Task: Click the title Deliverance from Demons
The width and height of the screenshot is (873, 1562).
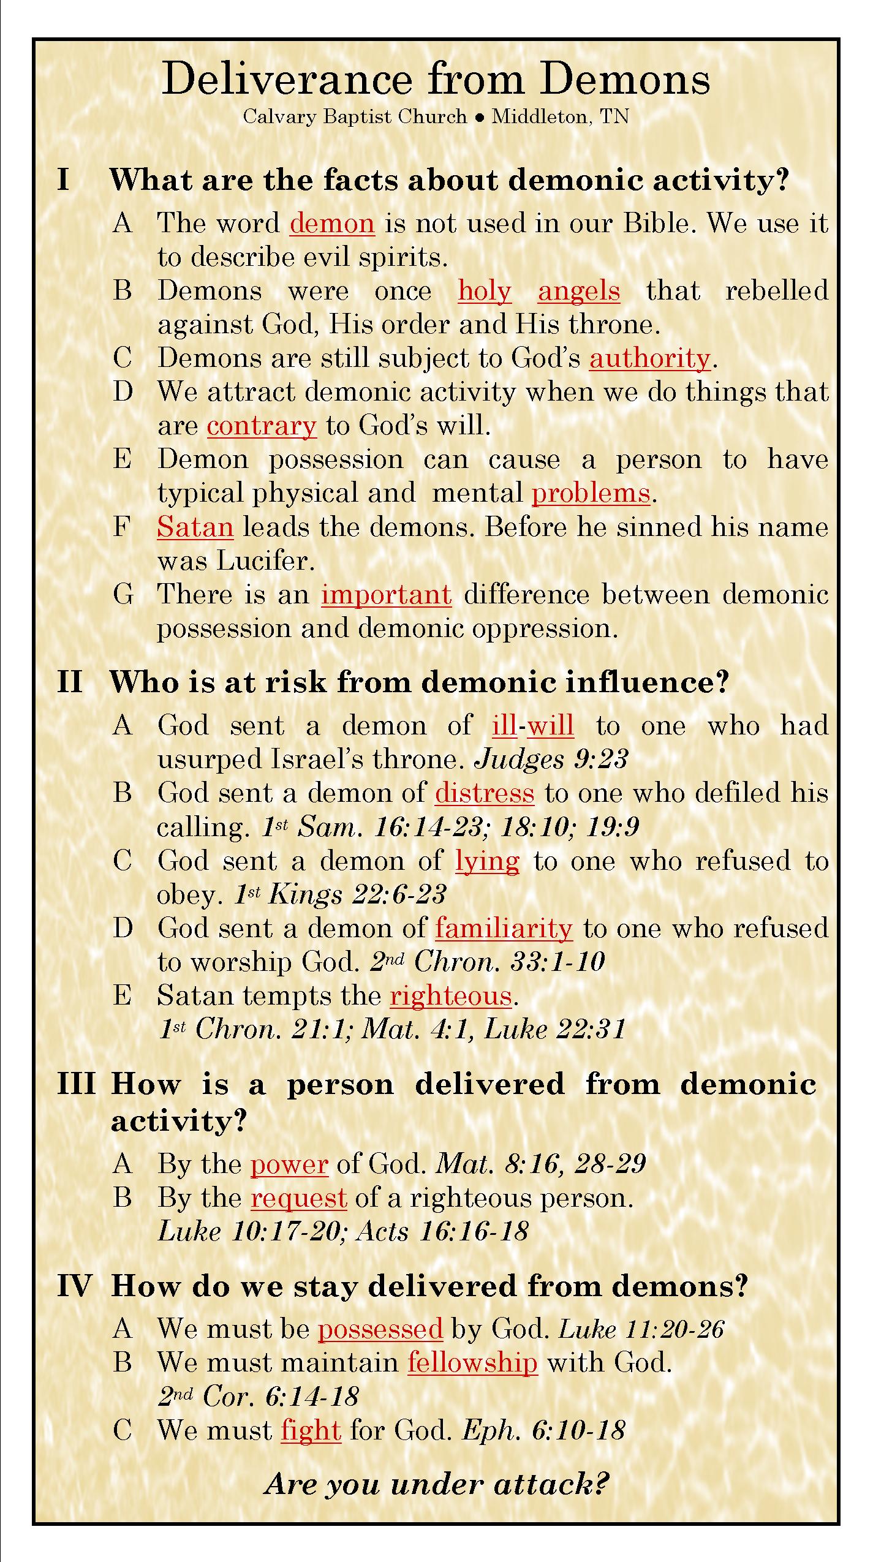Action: [436, 79]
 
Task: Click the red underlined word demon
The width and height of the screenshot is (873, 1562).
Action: [331, 224]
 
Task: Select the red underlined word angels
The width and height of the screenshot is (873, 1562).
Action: [579, 291]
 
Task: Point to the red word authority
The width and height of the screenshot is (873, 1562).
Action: [649, 358]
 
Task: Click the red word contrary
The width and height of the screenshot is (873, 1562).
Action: [262, 426]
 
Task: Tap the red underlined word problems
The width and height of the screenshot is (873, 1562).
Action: [591, 493]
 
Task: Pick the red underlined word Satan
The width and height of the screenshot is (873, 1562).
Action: [195, 527]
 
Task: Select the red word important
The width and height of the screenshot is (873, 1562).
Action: [387, 595]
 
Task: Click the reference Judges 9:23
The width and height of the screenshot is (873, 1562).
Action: [551, 760]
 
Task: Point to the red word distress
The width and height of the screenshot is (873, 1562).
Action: [485, 793]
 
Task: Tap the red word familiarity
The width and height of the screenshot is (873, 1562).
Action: [504, 929]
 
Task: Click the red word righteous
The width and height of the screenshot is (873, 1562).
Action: [451, 996]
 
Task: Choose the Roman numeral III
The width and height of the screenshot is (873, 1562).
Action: [77, 1084]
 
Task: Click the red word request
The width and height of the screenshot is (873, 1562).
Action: [299, 1198]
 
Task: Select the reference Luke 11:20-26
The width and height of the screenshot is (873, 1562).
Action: [641, 1329]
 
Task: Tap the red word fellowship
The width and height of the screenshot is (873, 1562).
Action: [472, 1363]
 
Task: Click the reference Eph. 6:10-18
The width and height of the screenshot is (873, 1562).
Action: [543, 1431]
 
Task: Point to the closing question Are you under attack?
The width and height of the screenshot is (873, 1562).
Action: [436, 1485]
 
